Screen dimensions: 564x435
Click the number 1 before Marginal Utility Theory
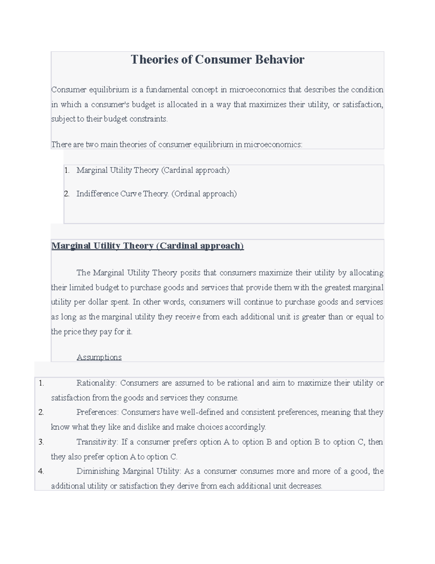point(66,170)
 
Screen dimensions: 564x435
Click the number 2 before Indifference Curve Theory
point(66,194)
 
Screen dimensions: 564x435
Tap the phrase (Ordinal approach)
point(204,194)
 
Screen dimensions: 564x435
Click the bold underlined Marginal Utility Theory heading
point(147,246)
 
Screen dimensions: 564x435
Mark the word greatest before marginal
point(337,288)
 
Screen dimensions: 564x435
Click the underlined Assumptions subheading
point(99,357)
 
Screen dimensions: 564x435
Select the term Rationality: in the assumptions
point(96,383)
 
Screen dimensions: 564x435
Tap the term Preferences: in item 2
point(98,412)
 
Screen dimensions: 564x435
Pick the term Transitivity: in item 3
point(97,442)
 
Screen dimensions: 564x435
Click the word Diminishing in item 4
point(98,471)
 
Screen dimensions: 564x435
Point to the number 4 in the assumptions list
point(41,471)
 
